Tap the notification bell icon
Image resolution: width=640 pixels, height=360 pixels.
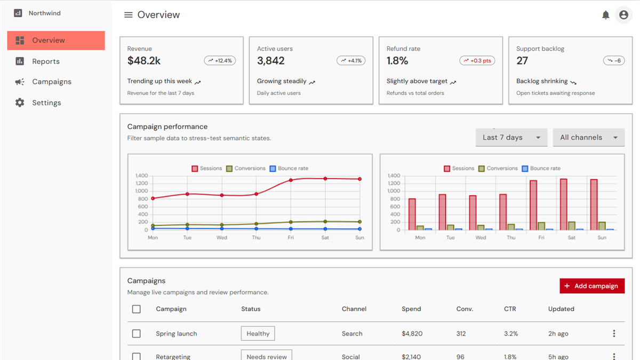(605, 15)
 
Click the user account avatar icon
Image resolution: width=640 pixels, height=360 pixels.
(623, 15)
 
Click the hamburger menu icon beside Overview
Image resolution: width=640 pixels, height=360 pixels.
(129, 15)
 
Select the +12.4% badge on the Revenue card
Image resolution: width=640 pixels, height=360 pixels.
(220, 61)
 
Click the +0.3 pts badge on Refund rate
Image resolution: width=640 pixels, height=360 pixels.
(477, 61)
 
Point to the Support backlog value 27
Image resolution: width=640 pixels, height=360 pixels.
(522, 61)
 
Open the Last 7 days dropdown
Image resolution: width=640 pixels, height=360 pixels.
(511, 138)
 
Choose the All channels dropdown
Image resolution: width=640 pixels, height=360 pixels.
(589, 138)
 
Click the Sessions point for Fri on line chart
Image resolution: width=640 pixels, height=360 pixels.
(291, 180)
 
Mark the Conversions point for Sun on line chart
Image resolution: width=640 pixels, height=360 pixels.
(359, 222)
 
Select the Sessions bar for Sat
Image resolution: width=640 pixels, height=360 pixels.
(563, 204)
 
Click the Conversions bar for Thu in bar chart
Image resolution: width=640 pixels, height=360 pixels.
(511, 227)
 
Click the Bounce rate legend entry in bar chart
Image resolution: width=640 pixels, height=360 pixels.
(541, 169)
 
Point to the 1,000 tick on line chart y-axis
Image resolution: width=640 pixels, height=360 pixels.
(142, 191)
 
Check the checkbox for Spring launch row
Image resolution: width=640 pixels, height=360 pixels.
(137, 333)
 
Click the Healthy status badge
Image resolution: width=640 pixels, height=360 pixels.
(258, 333)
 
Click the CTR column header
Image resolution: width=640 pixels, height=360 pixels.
(510, 309)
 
